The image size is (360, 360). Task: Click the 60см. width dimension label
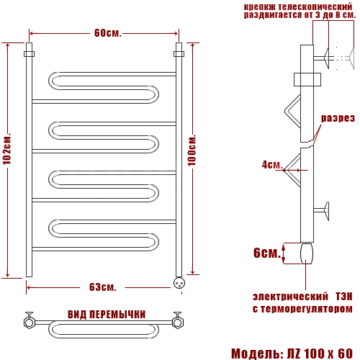[x=108, y=33]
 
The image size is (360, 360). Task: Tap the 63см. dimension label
[x=103, y=287]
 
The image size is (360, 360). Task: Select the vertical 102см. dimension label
[x=7, y=150]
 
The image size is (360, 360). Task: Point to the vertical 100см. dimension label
[x=192, y=150]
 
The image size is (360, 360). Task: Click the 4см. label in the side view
[x=272, y=165]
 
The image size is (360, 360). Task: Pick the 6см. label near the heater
[x=267, y=253]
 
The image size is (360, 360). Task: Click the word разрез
[x=338, y=118]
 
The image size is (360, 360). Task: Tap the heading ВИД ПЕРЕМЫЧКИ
[x=107, y=315]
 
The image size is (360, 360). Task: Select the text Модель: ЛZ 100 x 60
[x=292, y=354]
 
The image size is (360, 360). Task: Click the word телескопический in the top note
[x=315, y=6]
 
